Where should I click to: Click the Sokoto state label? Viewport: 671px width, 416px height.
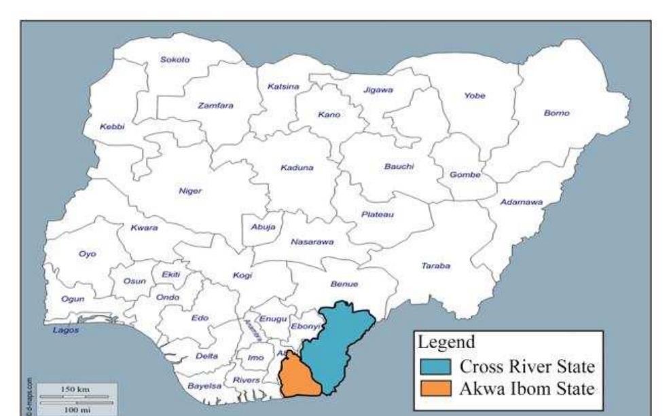(175, 60)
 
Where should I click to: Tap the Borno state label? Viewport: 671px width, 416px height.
(557, 113)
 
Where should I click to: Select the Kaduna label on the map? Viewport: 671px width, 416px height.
(297, 167)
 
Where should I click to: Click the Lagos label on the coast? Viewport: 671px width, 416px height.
(66, 330)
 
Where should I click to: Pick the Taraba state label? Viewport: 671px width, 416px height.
(435, 266)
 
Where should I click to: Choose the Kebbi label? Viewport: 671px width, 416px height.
(112, 127)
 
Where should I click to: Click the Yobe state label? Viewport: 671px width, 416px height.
(474, 96)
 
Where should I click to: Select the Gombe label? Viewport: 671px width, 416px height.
(465, 175)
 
